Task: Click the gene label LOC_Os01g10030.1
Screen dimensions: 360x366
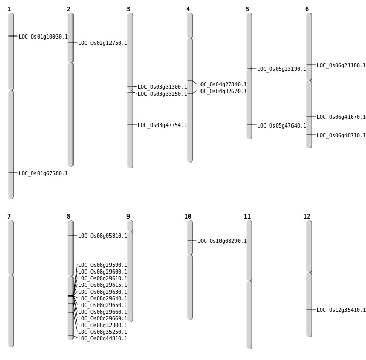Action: (43, 37)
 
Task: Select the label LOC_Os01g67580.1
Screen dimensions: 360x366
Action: (43, 174)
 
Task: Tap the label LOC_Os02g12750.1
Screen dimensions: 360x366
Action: (103, 43)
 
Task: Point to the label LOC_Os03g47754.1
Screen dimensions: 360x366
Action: (162, 125)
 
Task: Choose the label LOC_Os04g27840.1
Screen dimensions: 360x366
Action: (222, 85)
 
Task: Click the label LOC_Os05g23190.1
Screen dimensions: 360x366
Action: (282, 69)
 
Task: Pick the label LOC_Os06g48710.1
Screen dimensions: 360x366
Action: (341, 136)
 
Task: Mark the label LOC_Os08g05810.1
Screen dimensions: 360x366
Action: (103, 236)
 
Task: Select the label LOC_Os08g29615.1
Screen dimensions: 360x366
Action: (103, 285)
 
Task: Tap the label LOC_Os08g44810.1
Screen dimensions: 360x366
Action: (103, 339)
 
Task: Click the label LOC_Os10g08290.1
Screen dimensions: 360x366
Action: (222, 241)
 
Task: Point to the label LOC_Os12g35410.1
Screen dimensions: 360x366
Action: (341, 310)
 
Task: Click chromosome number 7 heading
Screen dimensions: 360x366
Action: (9, 217)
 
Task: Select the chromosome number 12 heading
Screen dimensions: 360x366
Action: (307, 217)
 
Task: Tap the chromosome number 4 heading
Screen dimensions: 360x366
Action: (188, 9)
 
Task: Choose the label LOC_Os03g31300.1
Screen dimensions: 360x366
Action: (162, 87)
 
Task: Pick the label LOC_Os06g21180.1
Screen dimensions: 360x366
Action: (341, 66)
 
